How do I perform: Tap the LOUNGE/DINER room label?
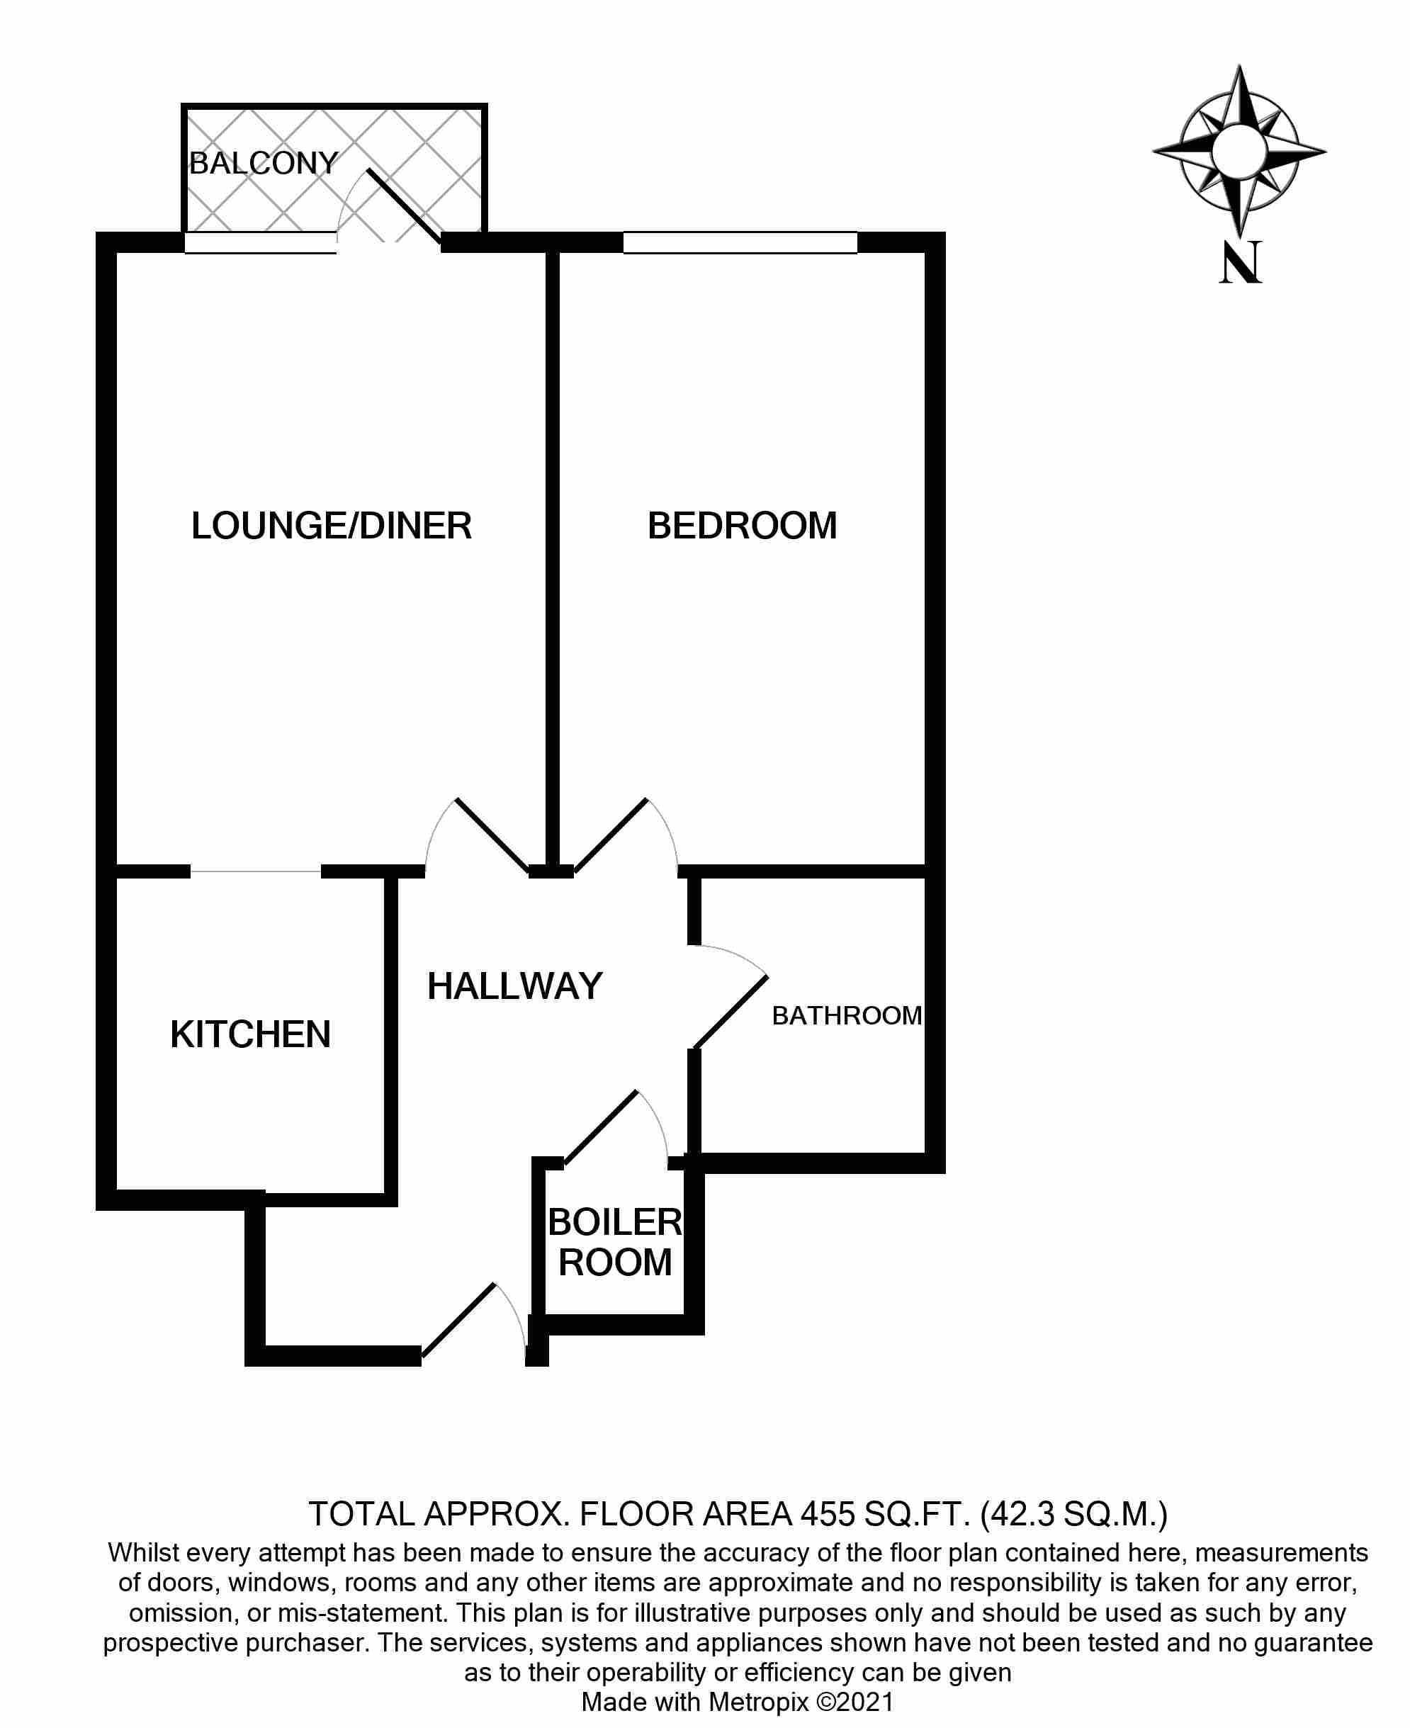[332, 526]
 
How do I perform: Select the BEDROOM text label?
[743, 526]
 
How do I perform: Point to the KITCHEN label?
[250, 1034]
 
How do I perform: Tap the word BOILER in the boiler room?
[615, 1222]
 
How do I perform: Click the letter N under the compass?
[1240, 262]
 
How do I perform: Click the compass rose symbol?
[1239, 151]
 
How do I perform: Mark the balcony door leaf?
[405, 205]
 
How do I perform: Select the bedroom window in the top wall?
[740, 242]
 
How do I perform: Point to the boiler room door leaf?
[601, 1127]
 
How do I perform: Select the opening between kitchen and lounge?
[256, 871]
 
